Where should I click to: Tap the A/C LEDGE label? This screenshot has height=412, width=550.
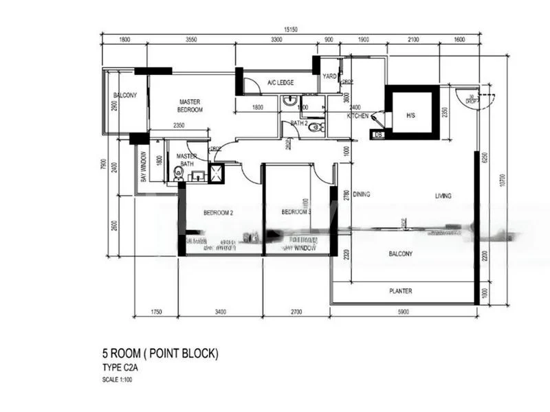281,82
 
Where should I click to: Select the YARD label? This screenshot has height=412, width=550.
329,76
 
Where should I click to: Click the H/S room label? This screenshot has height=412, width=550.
410,115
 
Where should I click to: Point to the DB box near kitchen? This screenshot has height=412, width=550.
377,135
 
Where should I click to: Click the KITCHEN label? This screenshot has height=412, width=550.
357,116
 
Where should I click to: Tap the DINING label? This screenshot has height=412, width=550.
362,195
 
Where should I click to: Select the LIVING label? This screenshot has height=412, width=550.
443,196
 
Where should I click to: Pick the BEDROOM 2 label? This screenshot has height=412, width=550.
219,213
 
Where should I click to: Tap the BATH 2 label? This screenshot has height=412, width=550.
298,124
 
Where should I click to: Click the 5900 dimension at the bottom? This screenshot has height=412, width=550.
402,312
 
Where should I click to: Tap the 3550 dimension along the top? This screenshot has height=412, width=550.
191,40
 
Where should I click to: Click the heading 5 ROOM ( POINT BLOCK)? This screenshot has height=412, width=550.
159,354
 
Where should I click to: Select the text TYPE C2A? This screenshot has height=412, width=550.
120,368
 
